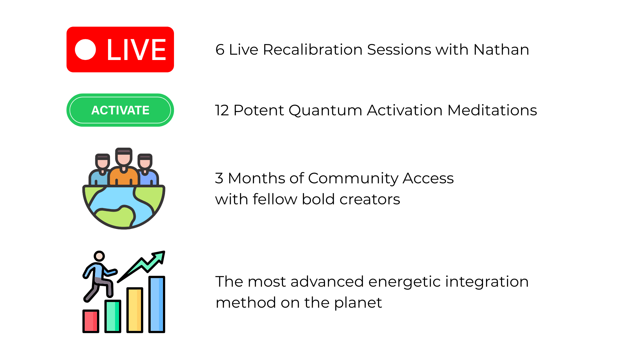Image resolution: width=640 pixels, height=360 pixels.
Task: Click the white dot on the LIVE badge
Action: (85, 50)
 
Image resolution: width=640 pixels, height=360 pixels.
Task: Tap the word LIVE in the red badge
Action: (136, 50)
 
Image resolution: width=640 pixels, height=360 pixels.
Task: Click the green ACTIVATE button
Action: (120, 110)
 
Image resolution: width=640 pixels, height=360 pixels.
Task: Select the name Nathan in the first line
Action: (501, 50)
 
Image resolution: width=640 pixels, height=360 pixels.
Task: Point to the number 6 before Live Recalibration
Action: (220, 50)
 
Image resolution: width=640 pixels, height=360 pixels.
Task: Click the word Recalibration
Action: (312, 50)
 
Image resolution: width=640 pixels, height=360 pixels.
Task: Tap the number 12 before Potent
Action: (222, 110)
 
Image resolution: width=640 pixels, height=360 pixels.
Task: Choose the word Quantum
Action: (325, 110)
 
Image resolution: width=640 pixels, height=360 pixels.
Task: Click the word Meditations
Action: (492, 110)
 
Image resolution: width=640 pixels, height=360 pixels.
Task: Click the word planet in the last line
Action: (358, 303)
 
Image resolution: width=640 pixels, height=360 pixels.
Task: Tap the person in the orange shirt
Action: (124, 167)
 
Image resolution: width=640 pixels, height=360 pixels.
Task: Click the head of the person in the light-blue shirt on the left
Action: (102, 161)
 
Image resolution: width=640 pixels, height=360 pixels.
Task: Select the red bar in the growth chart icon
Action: (91, 321)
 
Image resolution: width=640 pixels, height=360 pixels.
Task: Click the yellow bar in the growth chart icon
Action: (135, 310)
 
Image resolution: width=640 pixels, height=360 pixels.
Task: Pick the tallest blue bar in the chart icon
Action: (157, 304)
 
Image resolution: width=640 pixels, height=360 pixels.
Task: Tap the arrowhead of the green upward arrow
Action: (159, 257)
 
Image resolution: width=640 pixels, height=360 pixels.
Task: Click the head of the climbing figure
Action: (99, 256)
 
